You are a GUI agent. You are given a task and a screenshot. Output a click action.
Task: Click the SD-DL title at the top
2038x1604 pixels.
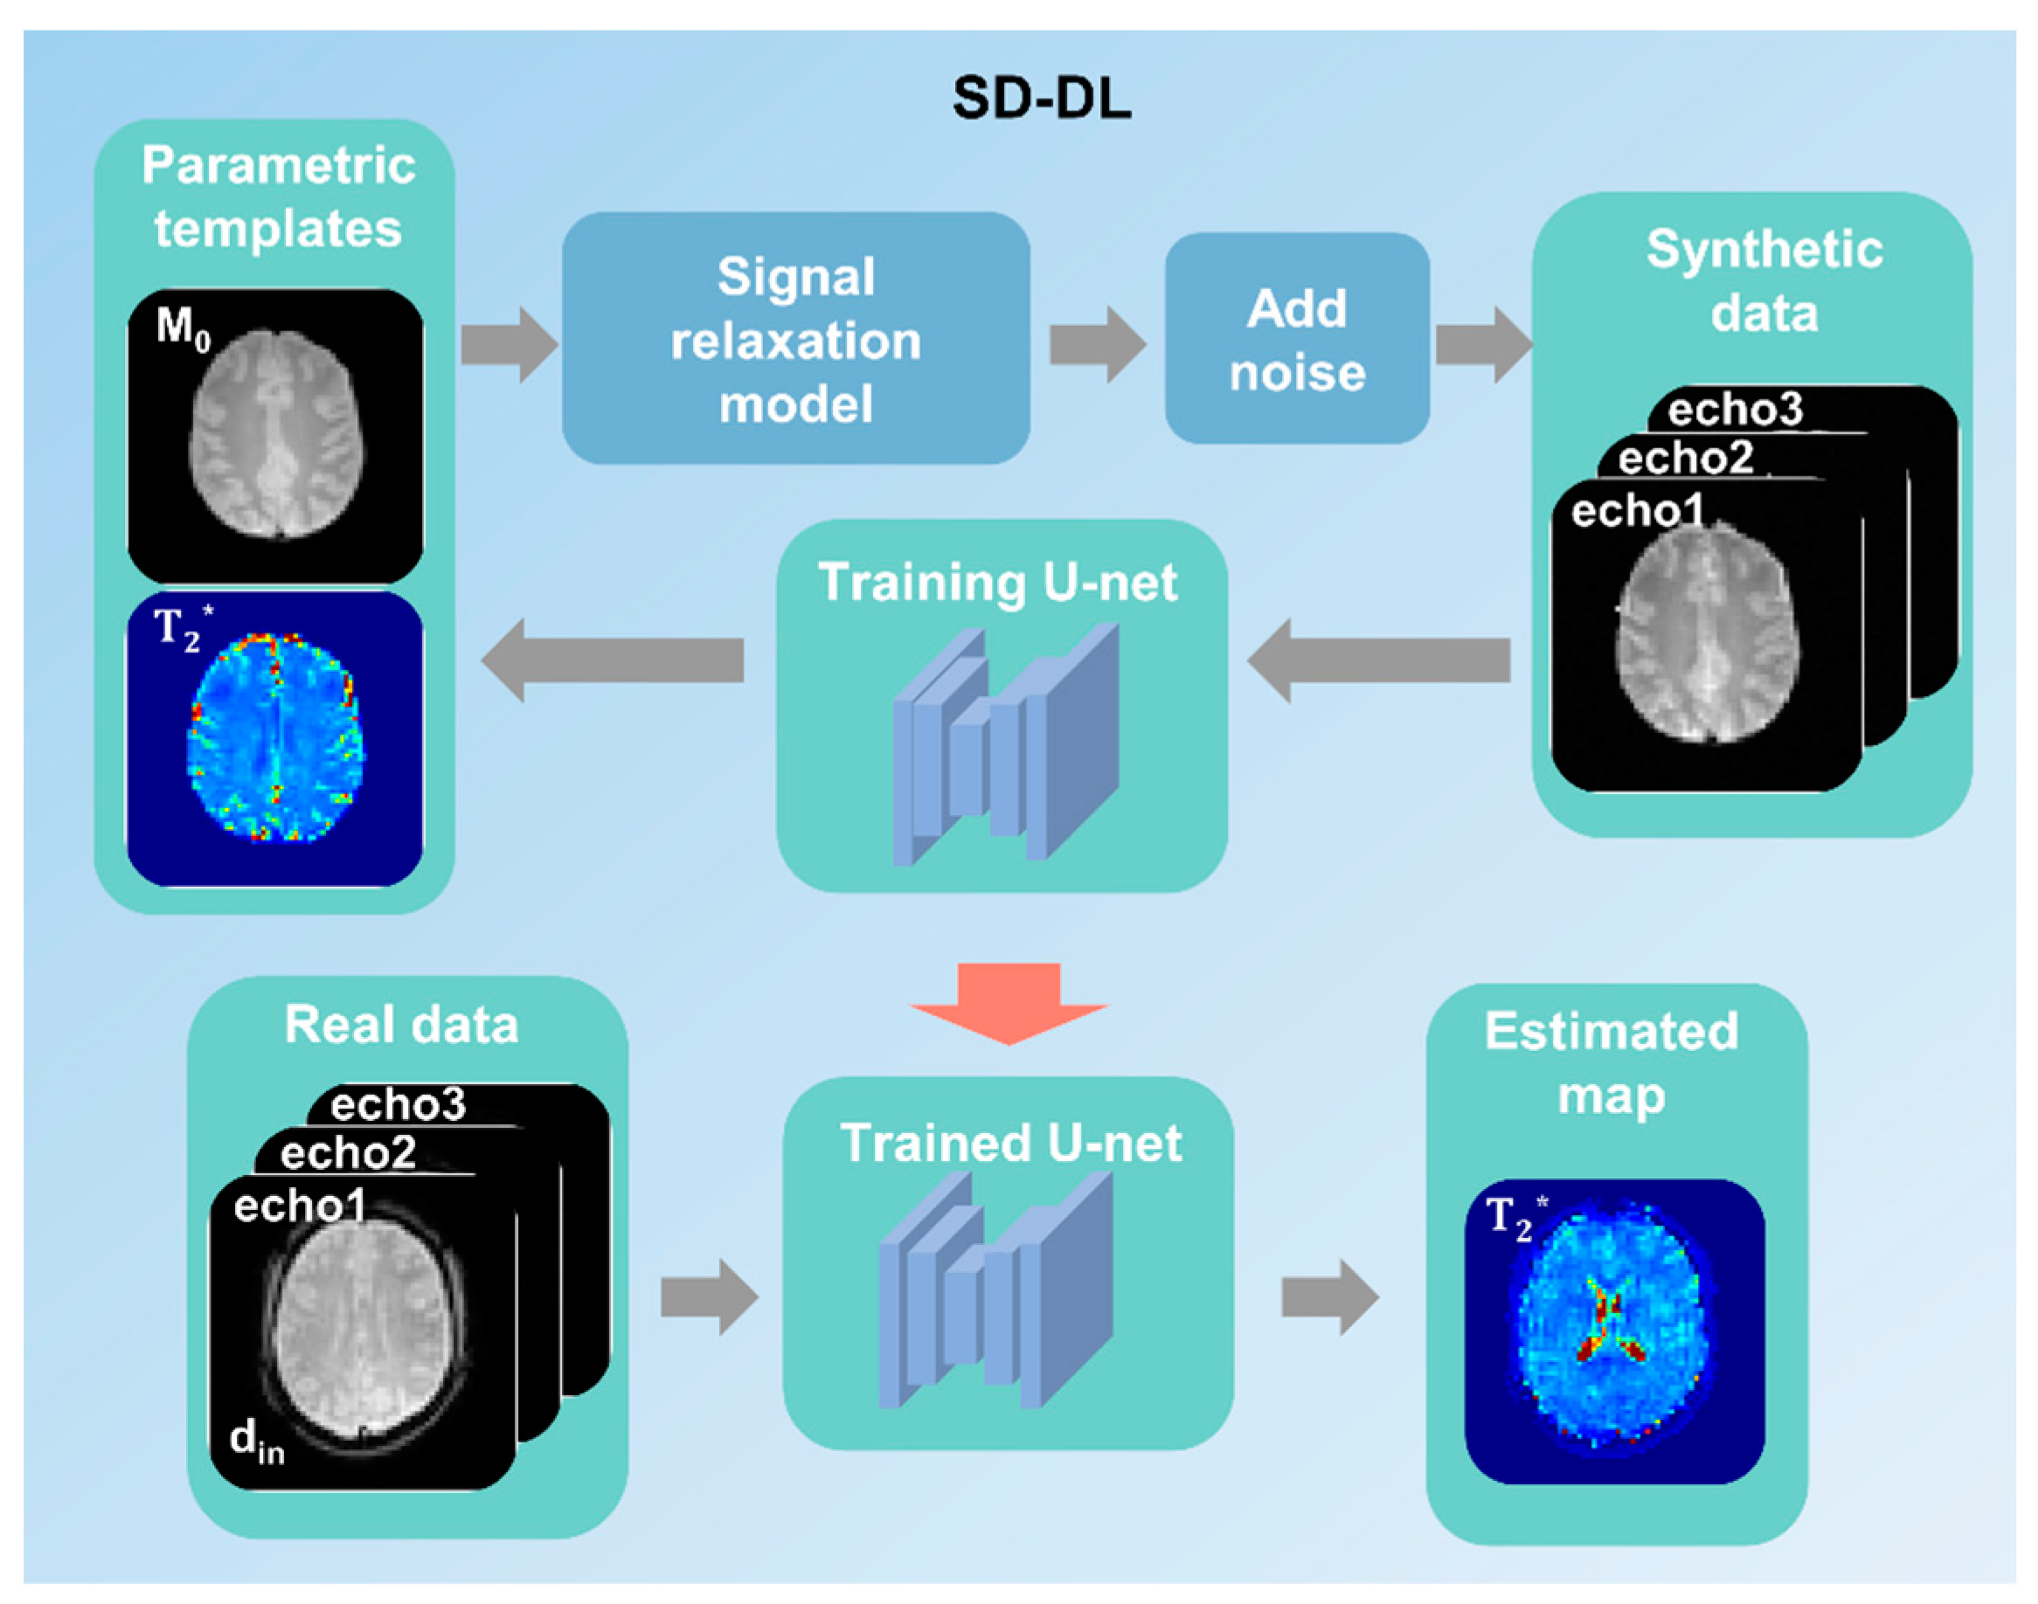1041,98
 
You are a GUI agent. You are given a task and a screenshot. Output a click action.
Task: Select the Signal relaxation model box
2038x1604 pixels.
795,339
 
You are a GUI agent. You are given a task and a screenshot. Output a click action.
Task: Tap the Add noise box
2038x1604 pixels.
1296,339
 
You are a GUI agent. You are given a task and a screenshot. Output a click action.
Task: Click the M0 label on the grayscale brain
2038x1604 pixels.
184,328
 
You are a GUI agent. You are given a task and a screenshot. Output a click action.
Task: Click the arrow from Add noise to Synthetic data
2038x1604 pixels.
1482,345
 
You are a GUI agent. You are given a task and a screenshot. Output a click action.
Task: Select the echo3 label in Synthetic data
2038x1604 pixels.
1735,410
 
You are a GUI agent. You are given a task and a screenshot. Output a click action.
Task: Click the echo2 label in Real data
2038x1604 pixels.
348,1152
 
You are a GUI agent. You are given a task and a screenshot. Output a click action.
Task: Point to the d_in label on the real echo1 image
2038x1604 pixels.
255,1440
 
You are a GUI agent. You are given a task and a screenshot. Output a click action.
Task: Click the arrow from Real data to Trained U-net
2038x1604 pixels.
708,1296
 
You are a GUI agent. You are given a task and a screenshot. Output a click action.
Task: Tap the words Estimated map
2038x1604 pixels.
1611,1063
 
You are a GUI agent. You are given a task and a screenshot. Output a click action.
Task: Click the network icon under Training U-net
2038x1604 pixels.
1005,747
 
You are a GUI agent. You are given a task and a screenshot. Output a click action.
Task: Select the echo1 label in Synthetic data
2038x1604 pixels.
1636,511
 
